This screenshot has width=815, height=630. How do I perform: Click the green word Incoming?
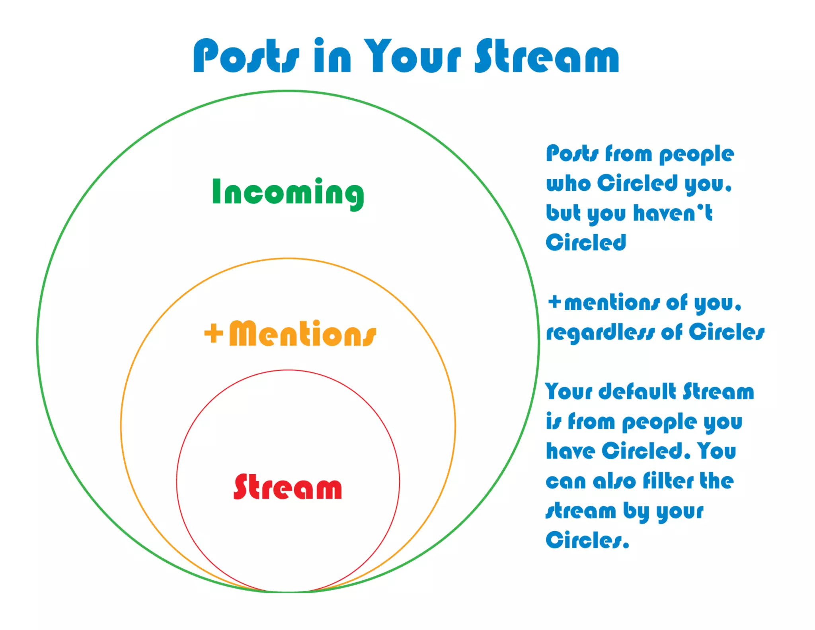pyautogui.click(x=288, y=193)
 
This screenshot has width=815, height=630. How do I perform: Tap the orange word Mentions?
pyautogui.click(x=302, y=334)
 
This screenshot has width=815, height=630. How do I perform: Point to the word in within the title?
pyautogui.click(x=332, y=56)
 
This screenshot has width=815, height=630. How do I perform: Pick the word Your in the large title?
pyautogui.click(x=412, y=56)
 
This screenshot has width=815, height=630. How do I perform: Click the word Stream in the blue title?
pyautogui.click(x=547, y=56)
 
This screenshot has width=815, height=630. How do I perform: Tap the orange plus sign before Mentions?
pyautogui.click(x=213, y=333)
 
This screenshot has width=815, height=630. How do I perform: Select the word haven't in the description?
pyautogui.click(x=673, y=213)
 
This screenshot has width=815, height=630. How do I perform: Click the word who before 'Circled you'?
pyautogui.click(x=568, y=184)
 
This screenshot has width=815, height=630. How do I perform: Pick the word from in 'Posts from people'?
pyautogui.click(x=628, y=154)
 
